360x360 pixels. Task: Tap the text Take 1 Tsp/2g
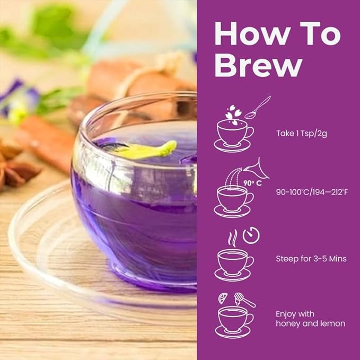[301, 133]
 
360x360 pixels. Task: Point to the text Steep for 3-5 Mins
[311, 259]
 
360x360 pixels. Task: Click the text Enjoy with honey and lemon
[310, 318]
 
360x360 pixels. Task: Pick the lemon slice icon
[223, 298]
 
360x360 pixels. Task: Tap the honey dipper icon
[243, 300]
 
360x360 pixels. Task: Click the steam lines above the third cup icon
[232, 237]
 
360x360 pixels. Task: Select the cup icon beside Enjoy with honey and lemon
[233, 320]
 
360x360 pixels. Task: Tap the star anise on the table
[19, 167]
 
